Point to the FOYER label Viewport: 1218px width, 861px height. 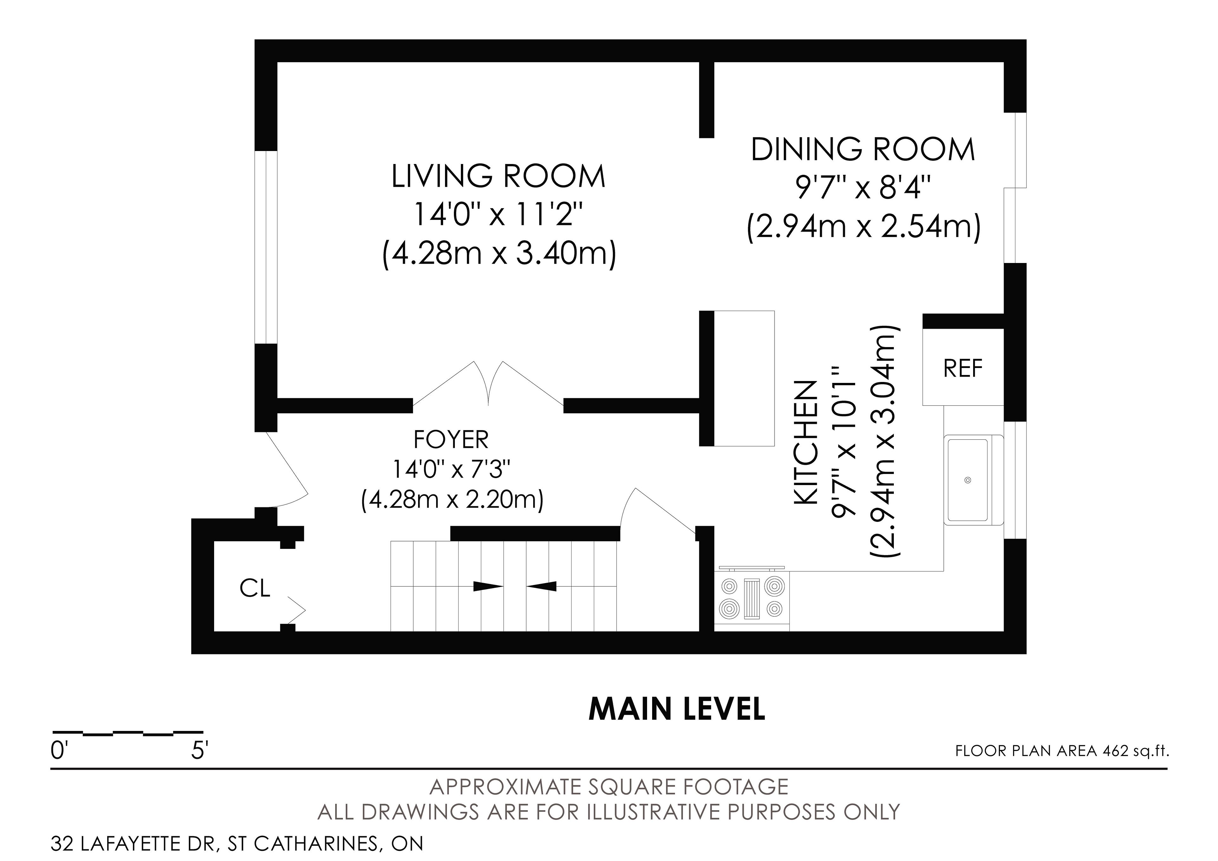451,440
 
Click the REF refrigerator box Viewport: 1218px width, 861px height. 963,367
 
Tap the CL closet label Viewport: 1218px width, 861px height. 255,588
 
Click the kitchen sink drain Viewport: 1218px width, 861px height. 968,480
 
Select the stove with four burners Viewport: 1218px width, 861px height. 752,598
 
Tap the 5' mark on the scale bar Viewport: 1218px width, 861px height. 200,751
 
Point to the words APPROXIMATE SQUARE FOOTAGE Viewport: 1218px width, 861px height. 609,787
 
